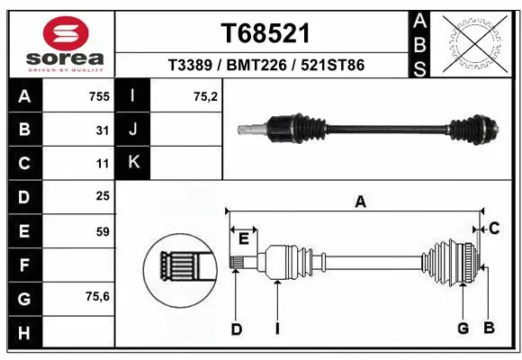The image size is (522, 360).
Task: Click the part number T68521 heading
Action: (265, 33)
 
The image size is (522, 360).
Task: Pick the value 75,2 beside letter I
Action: (206, 96)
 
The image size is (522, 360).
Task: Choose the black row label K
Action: (133, 163)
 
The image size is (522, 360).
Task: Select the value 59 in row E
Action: (102, 231)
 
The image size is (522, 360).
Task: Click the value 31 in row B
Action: (103, 130)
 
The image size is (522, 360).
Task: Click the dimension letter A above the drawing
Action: (360, 202)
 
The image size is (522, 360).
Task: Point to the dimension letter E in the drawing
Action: (243, 238)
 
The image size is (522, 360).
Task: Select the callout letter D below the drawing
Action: (236, 329)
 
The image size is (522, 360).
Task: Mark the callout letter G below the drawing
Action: (463, 328)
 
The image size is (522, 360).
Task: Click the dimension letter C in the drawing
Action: (493, 229)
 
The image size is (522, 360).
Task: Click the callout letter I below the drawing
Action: (277, 329)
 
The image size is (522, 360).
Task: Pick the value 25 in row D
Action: (102, 196)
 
